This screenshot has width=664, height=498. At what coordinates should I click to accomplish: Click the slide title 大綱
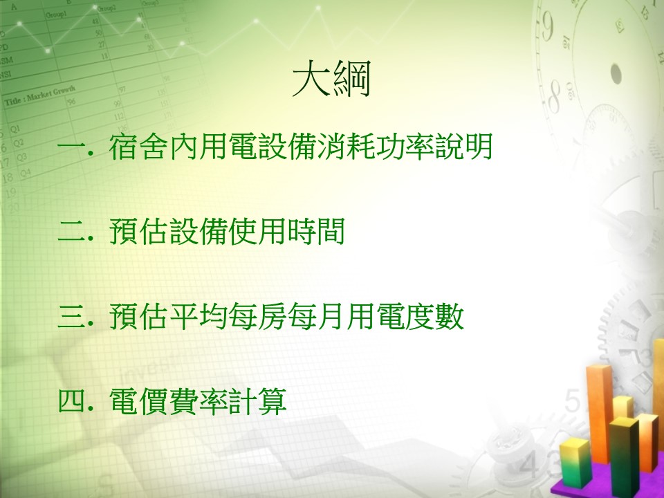[331, 79]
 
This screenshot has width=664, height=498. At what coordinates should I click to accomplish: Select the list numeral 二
[71, 232]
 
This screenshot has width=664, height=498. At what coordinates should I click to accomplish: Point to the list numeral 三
[71, 316]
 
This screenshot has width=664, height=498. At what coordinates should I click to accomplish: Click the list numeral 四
[71, 400]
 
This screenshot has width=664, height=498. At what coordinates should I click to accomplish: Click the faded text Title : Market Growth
[40, 95]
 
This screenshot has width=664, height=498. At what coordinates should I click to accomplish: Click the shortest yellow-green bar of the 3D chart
[575, 463]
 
